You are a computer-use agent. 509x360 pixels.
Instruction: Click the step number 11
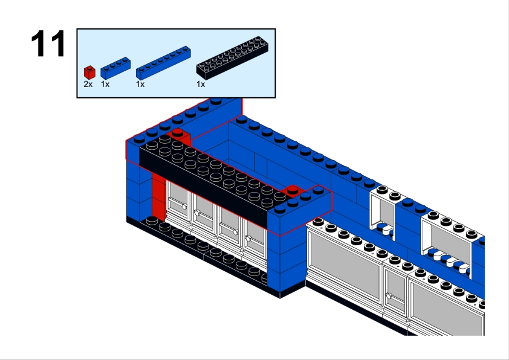point(48,43)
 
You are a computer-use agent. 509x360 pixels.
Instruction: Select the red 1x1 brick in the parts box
point(89,72)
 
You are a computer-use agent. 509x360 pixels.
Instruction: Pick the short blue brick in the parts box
point(115,68)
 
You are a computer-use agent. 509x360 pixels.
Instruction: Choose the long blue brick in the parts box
point(163,63)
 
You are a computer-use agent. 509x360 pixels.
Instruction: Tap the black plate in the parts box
point(232,58)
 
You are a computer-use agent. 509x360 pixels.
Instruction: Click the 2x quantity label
point(88,85)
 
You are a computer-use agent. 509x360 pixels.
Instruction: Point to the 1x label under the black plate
point(201,85)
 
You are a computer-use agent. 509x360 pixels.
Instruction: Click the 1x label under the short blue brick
point(105,85)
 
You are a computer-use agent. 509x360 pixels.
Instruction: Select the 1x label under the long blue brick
point(140,85)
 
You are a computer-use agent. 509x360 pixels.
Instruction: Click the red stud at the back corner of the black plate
point(178,132)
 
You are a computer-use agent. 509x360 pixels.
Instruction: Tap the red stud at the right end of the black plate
point(293,190)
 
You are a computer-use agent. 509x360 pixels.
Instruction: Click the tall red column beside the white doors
point(159,199)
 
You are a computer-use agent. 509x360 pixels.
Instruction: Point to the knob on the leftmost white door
point(184,206)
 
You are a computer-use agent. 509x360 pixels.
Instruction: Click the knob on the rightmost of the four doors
point(248,239)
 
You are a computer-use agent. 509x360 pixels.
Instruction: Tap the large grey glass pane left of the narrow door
point(345,265)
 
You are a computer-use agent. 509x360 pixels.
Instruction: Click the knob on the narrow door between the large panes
point(389,296)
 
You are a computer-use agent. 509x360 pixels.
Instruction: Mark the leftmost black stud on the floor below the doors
point(152,221)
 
